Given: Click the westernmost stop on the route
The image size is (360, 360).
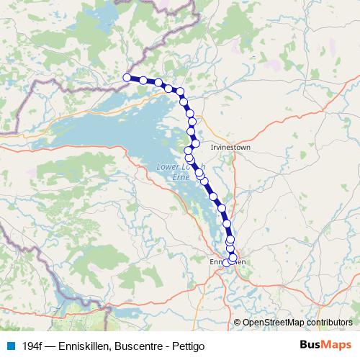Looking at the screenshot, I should click(x=127, y=77).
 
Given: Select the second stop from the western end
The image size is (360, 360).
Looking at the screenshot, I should click(x=143, y=80).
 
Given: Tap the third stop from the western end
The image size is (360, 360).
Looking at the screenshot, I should click(x=158, y=83).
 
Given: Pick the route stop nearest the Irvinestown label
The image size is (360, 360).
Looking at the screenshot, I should click(x=195, y=143).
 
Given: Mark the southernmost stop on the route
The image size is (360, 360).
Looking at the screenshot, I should click(x=227, y=263).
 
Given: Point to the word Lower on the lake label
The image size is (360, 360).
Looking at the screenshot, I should click(x=168, y=167).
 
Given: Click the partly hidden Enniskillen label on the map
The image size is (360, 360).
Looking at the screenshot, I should click(x=230, y=262).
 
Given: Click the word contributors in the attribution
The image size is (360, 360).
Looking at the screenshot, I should click(x=328, y=323).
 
